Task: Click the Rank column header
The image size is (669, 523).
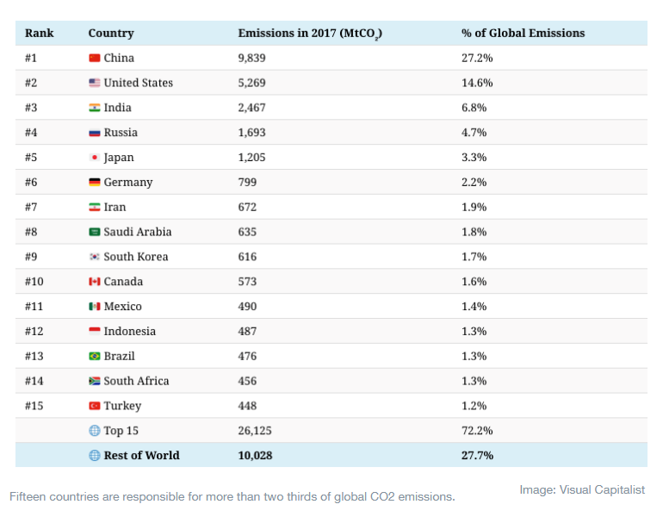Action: click(39, 34)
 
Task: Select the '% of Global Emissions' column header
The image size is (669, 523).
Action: click(523, 34)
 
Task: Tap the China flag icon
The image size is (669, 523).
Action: click(95, 59)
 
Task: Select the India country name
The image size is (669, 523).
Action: click(117, 108)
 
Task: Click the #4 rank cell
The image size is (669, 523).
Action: click(32, 133)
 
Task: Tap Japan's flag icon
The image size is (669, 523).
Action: click(95, 158)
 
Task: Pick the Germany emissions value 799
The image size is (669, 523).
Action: click(248, 183)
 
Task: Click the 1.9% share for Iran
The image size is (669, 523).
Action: click(474, 208)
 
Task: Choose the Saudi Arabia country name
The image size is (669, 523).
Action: click(137, 232)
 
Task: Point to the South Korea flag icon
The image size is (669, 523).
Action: click(95, 257)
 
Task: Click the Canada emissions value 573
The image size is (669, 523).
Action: click(248, 282)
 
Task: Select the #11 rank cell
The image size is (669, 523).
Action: click(34, 307)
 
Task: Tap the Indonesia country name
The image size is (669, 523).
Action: click(129, 332)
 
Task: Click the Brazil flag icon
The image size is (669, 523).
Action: click(95, 357)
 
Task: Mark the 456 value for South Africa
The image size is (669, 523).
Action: click(248, 381)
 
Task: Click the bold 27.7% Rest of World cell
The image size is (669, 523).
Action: click(477, 456)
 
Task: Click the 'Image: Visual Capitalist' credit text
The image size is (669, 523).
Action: click(581, 490)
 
